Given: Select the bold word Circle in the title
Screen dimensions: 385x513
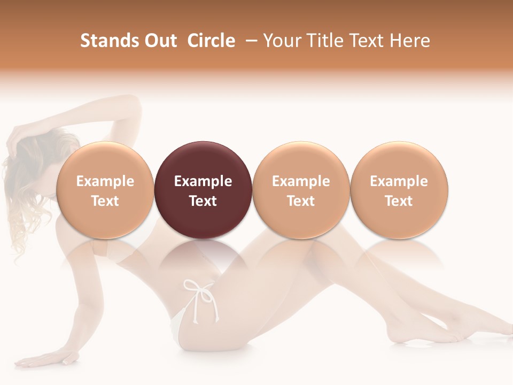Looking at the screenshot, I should (211, 41).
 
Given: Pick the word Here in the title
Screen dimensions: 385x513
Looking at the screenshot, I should (410, 41).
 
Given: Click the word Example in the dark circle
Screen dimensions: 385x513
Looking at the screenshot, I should (203, 181).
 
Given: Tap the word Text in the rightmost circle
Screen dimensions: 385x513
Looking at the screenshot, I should (399, 201).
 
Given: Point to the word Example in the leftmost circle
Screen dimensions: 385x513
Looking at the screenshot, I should (105, 181).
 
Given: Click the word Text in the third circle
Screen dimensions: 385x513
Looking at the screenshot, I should (301, 201).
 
